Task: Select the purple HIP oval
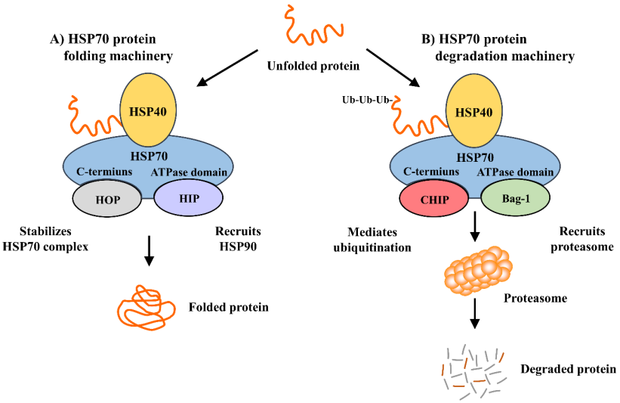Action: tap(188, 199)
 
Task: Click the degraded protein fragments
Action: tap(473, 370)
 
